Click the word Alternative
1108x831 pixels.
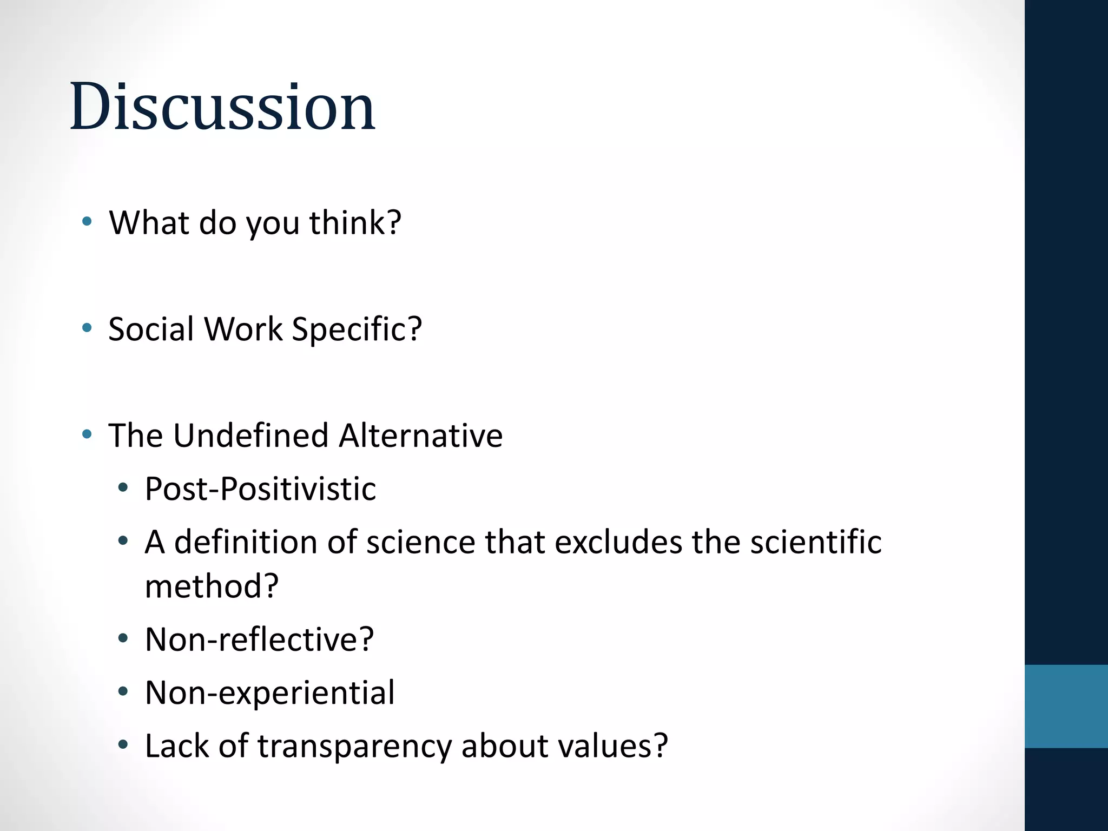[x=420, y=436]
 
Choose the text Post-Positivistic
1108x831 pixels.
[x=260, y=489]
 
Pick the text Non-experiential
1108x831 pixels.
[x=269, y=692]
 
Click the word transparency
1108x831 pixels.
[x=354, y=746]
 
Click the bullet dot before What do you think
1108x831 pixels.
[x=87, y=221]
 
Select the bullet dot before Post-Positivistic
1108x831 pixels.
[x=123, y=487]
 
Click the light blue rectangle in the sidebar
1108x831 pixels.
[x=1066, y=706]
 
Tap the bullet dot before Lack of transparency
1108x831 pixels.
[x=123, y=745]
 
